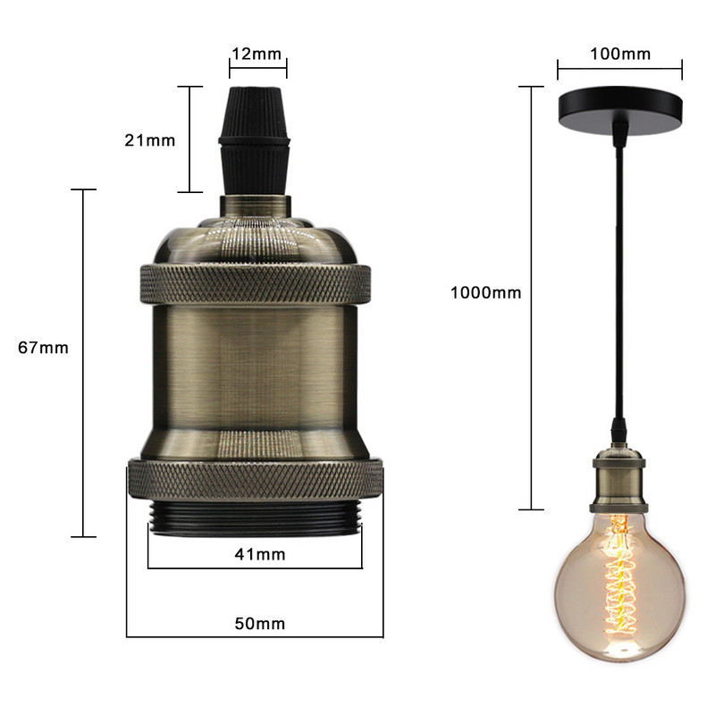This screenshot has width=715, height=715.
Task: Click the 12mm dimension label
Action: tap(255, 55)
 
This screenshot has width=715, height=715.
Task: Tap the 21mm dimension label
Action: tap(149, 140)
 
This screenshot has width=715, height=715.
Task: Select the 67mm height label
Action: tap(43, 348)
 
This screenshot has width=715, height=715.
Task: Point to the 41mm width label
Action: tap(259, 555)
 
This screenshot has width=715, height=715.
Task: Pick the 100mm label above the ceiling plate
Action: tap(619, 54)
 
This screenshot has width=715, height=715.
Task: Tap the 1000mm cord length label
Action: tap(485, 292)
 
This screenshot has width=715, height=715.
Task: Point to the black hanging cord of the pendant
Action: tap(618, 268)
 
